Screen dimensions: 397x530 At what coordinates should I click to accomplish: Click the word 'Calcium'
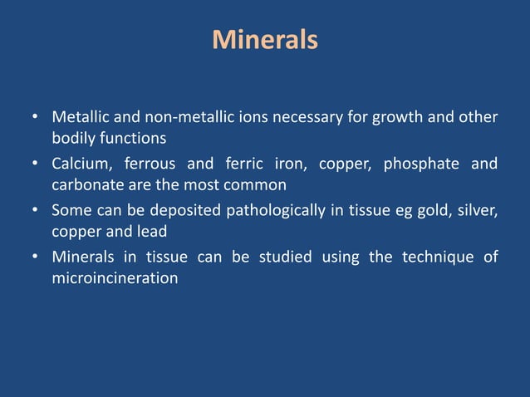[x=80, y=164]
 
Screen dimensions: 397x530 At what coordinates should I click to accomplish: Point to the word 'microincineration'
[x=115, y=277]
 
